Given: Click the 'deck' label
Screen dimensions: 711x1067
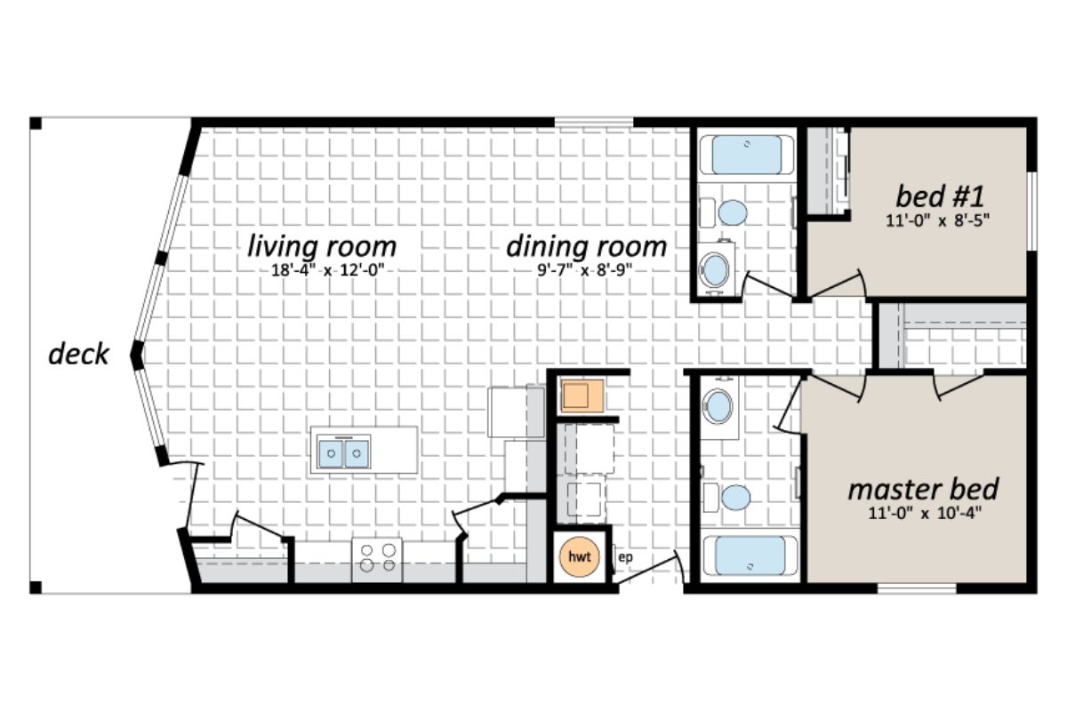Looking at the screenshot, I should (x=78, y=355).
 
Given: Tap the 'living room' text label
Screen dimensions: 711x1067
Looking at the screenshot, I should (x=322, y=245).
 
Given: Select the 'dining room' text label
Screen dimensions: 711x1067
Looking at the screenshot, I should (x=586, y=246).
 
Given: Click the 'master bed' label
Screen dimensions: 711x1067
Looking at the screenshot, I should (x=922, y=490).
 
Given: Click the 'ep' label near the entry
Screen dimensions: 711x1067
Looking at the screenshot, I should (x=624, y=557).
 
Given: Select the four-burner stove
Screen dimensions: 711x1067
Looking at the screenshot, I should (x=377, y=557).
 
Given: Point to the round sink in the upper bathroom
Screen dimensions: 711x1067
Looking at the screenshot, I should (x=715, y=268).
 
